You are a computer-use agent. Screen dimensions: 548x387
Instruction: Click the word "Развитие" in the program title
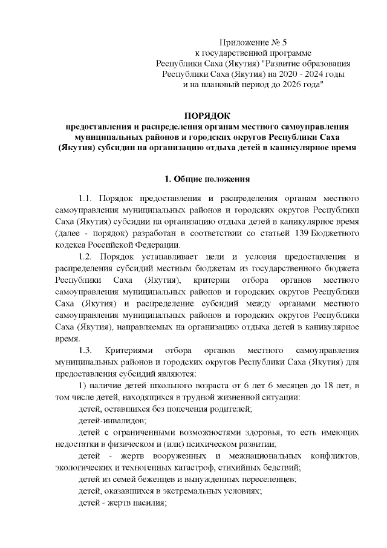[x=289, y=63]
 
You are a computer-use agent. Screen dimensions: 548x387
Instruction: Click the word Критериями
[x=128, y=351]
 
